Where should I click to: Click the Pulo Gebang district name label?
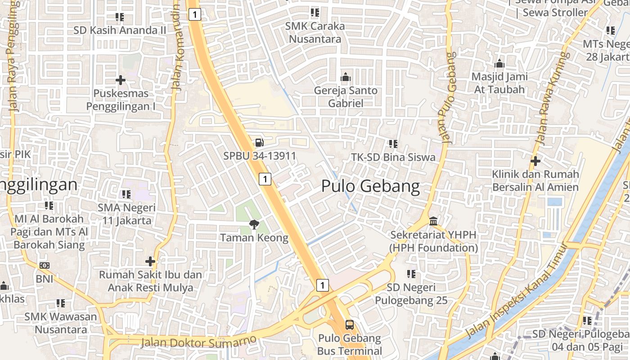(x=370, y=186)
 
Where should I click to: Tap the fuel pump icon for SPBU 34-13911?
(x=259, y=143)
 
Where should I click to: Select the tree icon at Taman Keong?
(x=254, y=224)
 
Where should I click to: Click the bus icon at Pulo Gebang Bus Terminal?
(x=350, y=324)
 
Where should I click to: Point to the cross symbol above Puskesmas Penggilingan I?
(x=120, y=81)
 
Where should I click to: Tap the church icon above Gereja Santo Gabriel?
(x=346, y=77)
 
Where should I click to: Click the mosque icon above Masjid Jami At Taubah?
(x=499, y=63)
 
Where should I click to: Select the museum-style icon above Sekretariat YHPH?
(x=434, y=221)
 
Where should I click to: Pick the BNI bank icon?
(x=44, y=265)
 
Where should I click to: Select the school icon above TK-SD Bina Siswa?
(x=393, y=144)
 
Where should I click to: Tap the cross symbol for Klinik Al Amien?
(x=535, y=161)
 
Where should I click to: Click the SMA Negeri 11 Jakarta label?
(x=127, y=214)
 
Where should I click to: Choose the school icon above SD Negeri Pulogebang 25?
(x=411, y=274)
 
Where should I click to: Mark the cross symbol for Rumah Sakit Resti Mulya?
(x=150, y=261)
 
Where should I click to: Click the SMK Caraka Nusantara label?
(x=315, y=32)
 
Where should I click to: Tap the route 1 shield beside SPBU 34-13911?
(x=265, y=179)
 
